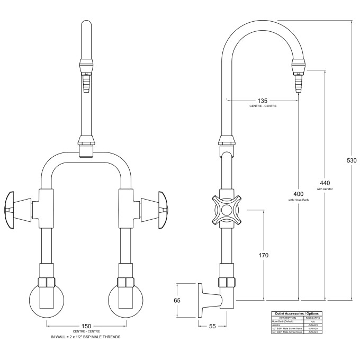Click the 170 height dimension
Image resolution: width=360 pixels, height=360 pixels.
tap(263, 255)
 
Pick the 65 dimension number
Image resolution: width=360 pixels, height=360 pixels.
tap(177, 300)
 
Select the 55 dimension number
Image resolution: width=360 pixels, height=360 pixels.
tap(212, 327)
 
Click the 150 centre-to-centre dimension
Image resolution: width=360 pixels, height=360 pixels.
tap(86, 326)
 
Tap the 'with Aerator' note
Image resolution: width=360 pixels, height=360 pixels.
tap(325, 188)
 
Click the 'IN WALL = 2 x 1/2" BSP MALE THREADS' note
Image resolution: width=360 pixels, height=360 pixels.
tap(86, 337)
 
